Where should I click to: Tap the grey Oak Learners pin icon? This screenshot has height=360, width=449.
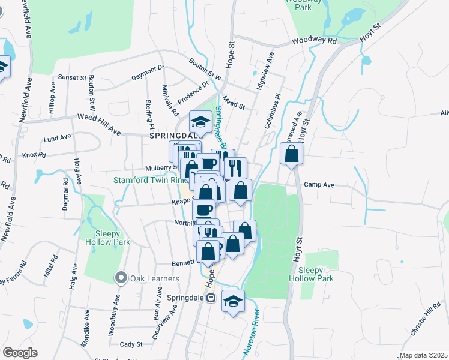tap(121, 278)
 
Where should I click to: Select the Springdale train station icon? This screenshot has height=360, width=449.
tap(211, 298)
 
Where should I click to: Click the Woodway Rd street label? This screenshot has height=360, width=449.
tap(315, 41)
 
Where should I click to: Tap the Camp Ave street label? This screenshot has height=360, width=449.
tap(319, 185)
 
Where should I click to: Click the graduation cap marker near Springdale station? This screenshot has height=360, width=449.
tap(234, 301)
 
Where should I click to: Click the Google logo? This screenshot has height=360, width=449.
tap(20, 353)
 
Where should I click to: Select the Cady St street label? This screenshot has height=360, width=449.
tap(131, 344)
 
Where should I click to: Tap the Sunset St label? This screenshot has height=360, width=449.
tap(72, 77)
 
